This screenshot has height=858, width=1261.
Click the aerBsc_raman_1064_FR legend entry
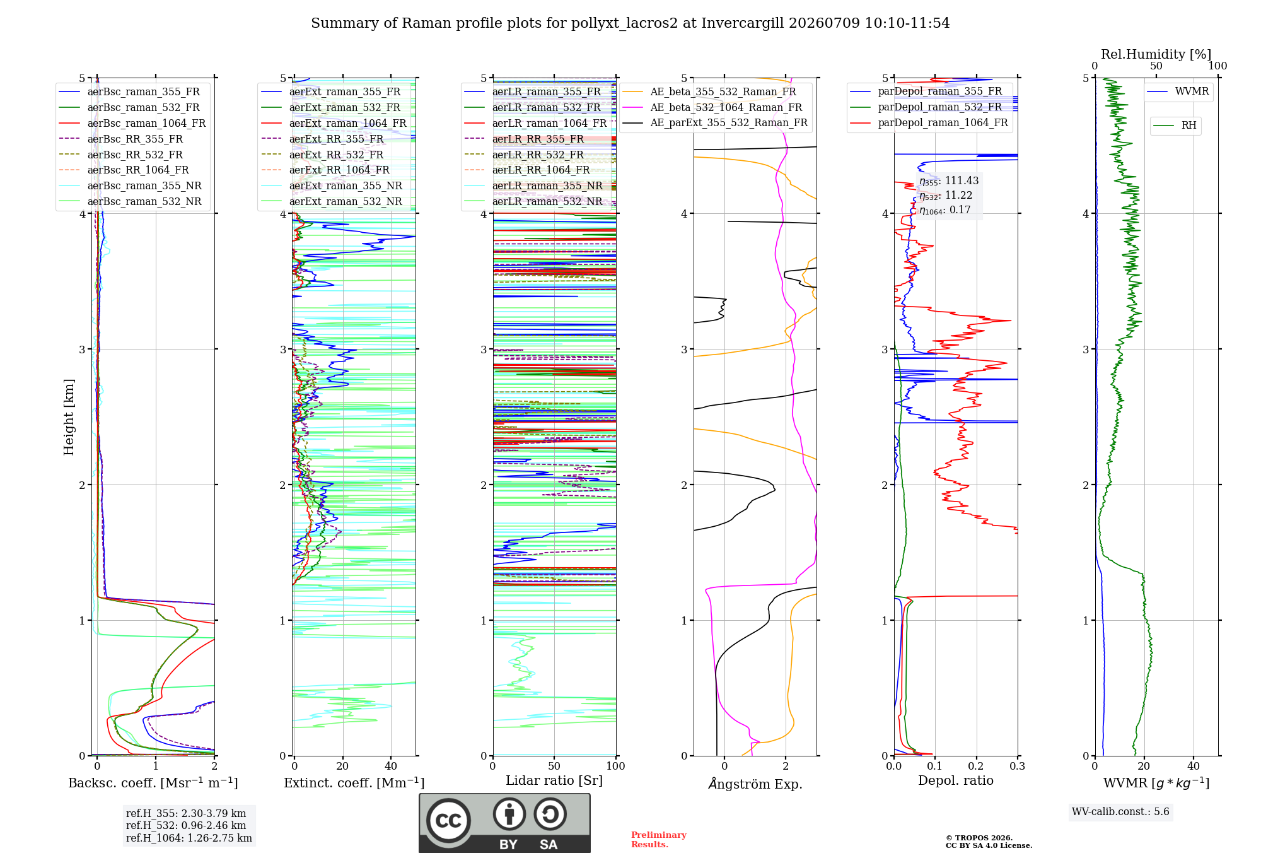[x=132, y=123]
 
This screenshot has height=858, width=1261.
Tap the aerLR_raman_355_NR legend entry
[x=533, y=185]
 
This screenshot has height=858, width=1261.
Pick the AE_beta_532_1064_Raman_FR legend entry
[x=712, y=107]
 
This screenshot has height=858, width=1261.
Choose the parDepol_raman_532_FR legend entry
[x=926, y=107]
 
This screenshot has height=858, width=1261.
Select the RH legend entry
[x=1175, y=126]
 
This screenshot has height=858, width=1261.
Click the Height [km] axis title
[x=69, y=417]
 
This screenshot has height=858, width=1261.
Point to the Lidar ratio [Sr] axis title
[x=554, y=780]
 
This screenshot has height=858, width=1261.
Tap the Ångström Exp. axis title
[x=755, y=784]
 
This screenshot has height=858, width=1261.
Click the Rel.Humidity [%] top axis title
[x=1156, y=54]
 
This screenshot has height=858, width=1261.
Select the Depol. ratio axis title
[x=956, y=780]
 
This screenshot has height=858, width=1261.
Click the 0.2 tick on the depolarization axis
[x=976, y=766]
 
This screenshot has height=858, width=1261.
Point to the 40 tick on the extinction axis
[x=391, y=766]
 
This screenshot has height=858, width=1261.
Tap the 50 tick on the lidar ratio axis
[x=554, y=766]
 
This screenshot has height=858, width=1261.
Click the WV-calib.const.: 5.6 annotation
[x=1120, y=811]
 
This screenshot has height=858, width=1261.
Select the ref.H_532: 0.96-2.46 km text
[x=186, y=825]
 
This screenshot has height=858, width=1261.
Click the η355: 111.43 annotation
[x=949, y=181]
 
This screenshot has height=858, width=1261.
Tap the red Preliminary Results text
[x=659, y=840]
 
